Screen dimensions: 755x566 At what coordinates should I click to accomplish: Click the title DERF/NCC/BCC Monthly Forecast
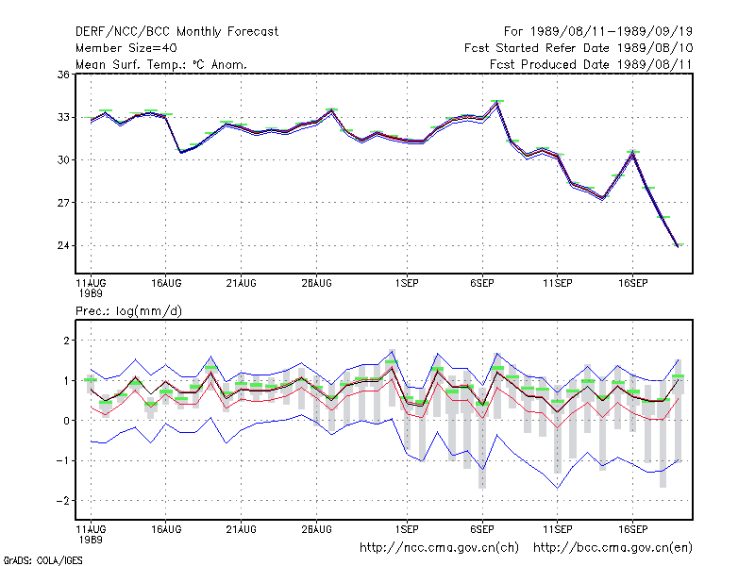[x=176, y=32]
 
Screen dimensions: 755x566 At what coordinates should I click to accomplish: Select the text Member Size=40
[x=126, y=48]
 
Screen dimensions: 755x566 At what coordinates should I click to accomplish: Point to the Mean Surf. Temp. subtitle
[x=161, y=64]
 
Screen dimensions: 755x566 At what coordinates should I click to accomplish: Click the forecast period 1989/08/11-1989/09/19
[x=598, y=32]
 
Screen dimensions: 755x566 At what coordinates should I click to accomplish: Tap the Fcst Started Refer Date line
[x=579, y=48]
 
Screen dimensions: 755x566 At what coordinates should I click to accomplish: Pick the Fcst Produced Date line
[x=591, y=64]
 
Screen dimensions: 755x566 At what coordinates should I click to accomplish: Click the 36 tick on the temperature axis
[x=63, y=75]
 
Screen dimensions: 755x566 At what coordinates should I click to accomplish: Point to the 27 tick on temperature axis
[x=63, y=203]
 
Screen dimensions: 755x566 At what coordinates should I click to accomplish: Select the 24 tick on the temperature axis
[x=63, y=245]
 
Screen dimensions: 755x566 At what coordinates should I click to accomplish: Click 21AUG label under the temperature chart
[x=242, y=283]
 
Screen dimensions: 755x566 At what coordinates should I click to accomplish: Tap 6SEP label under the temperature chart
[x=482, y=283]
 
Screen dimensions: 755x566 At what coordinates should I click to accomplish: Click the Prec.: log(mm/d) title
[x=128, y=311]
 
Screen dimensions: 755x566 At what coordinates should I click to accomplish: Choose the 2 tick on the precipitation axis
[x=66, y=341]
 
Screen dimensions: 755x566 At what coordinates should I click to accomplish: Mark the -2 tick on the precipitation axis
[x=63, y=501]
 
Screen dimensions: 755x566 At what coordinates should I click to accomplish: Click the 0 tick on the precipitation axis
[x=66, y=421]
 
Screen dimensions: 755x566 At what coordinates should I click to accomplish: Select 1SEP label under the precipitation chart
[x=407, y=529]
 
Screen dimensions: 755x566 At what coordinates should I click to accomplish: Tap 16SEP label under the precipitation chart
[x=632, y=529]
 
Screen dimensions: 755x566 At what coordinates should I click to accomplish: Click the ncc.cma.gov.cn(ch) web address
[x=439, y=548]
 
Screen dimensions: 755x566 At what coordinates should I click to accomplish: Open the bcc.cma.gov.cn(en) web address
[x=612, y=548]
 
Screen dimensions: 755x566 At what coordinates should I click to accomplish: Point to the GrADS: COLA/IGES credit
[x=42, y=560]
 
